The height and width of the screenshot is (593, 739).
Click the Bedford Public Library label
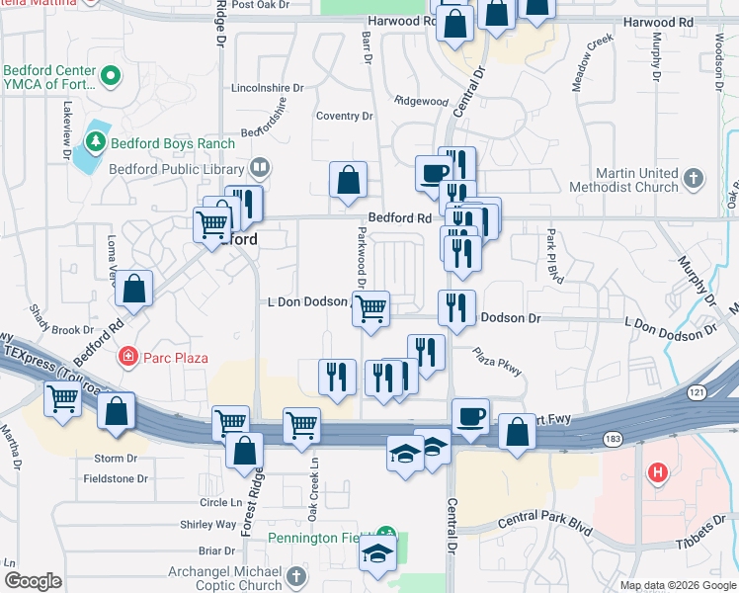point(189,169)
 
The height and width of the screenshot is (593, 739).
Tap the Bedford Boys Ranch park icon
point(96,143)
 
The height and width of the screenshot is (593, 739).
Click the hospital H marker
point(658,473)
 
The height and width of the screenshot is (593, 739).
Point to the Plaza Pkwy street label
point(497,362)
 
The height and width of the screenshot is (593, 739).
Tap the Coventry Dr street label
point(344,117)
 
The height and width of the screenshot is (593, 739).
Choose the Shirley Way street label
point(207,524)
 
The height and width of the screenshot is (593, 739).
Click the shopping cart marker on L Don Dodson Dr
point(370,307)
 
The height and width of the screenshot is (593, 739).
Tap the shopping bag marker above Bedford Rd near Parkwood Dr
point(348,181)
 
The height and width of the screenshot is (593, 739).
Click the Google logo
point(34,580)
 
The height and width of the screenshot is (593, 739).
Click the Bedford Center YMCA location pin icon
point(112,74)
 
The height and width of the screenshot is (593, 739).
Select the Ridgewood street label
point(421,101)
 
